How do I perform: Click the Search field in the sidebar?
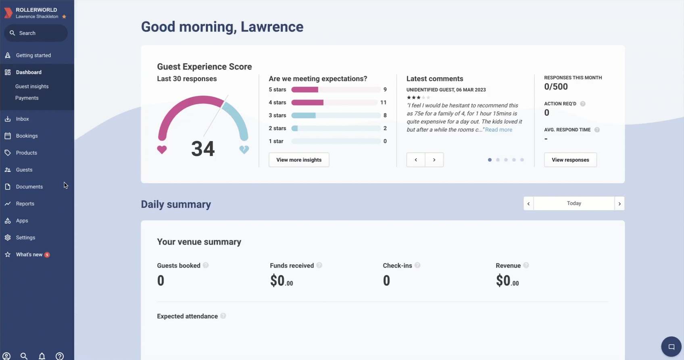pos(36,33)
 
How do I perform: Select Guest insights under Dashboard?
pos(32,86)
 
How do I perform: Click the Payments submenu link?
pos(27,98)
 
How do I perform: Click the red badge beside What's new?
pos(47,255)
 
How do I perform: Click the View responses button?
pos(570,160)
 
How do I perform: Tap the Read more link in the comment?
pos(498,130)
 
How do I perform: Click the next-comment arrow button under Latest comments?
pos(434,160)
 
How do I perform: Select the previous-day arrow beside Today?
pos(529,203)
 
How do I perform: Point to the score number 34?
pos(203,149)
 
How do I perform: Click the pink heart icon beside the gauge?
pos(162,150)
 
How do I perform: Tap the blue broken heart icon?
pos(244,149)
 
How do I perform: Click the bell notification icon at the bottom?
pos(42,356)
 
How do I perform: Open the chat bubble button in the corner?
pos(671,347)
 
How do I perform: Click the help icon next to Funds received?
pos(319,265)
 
